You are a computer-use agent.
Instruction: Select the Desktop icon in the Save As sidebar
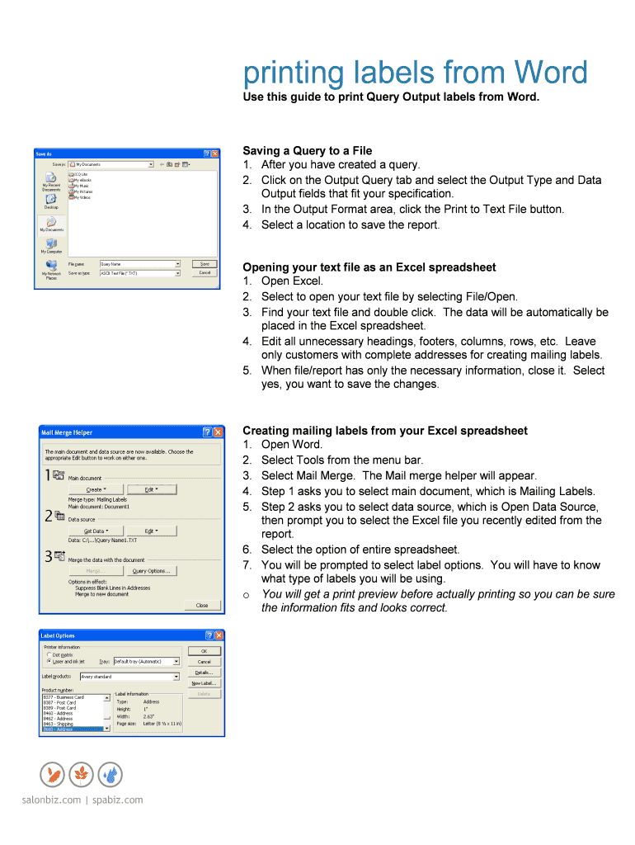pos(51,200)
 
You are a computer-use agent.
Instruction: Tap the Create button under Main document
pos(95,489)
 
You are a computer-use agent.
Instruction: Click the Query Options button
pos(151,571)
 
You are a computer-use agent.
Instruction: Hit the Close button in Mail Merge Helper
pos(202,606)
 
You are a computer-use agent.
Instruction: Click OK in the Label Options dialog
pos(204,651)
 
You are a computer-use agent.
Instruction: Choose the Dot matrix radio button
pos(49,654)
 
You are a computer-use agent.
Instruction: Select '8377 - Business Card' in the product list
pos(64,697)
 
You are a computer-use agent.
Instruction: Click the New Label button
pos(204,683)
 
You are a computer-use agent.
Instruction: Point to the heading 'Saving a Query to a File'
pos(307,151)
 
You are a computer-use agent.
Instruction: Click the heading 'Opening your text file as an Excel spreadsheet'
pos(369,267)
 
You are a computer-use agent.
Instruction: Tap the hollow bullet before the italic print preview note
pos(247,595)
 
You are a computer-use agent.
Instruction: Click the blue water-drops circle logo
pos(110,774)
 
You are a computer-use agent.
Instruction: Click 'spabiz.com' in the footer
pos(117,800)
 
